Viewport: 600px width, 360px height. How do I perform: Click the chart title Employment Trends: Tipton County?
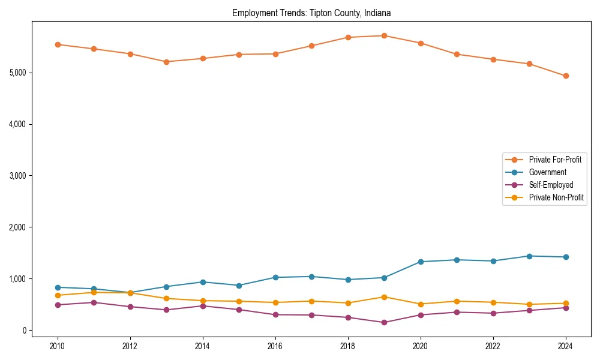click(311, 13)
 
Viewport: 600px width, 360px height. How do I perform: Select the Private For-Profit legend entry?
click(555, 160)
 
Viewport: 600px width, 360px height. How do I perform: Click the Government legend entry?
click(547, 172)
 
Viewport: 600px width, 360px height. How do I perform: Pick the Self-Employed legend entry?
click(551, 185)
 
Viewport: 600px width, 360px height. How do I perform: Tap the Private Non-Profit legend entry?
click(556, 197)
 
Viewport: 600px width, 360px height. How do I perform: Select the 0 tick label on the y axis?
click(25, 331)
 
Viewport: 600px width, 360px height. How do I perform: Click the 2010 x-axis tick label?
click(58, 346)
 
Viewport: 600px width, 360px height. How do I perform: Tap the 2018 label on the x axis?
click(348, 346)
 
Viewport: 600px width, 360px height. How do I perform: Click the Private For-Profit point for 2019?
click(384, 35)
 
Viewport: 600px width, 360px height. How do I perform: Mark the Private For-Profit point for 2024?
click(566, 76)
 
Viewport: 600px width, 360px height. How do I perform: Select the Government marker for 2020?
click(421, 262)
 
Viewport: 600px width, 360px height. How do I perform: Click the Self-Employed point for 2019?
click(384, 323)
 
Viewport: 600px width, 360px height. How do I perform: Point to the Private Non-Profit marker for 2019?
click(384, 297)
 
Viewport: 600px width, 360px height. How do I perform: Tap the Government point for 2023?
click(529, 256)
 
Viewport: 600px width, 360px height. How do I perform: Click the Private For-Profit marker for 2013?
click(166, 62)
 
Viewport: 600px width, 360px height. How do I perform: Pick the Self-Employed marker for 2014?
click(203, 306)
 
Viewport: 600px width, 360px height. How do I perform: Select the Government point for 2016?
click(275, 277)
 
